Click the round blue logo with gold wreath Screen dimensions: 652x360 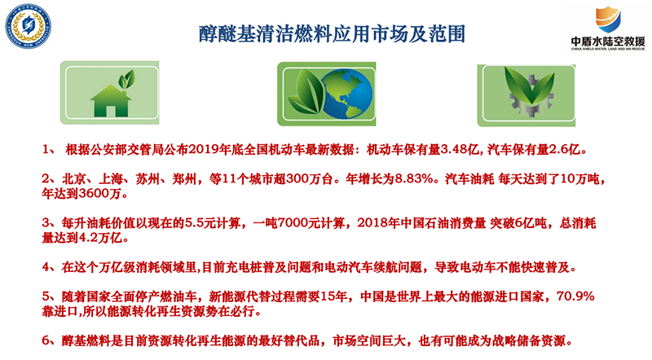[x=28, y=26]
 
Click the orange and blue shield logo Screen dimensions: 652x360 [x=608, y=20]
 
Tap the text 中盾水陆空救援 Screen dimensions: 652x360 [x=608, y=42]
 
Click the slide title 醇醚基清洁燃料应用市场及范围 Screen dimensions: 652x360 [x=332, y=34]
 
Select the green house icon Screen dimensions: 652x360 [x=111, y=101]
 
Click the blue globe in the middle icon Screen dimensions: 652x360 [x=347, y=94]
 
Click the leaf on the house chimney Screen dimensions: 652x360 [x=126, y=78]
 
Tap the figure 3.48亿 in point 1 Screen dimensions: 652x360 [x=460, y=150]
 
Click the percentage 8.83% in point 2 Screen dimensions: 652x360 [x=415, y=179]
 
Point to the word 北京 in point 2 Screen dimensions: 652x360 [x=74, y=179]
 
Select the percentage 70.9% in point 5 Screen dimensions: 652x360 [x=575, y=296]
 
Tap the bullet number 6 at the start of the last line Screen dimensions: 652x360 [x=46, y=341]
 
